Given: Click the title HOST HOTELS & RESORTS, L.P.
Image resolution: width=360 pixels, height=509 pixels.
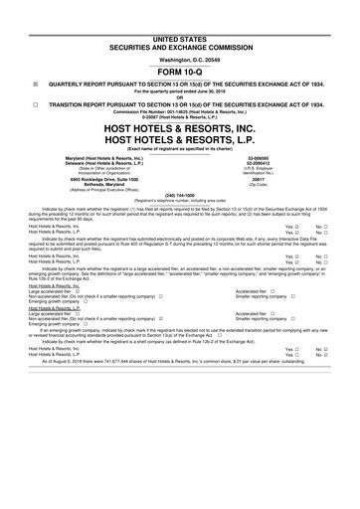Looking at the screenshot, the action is click(180, 143).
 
